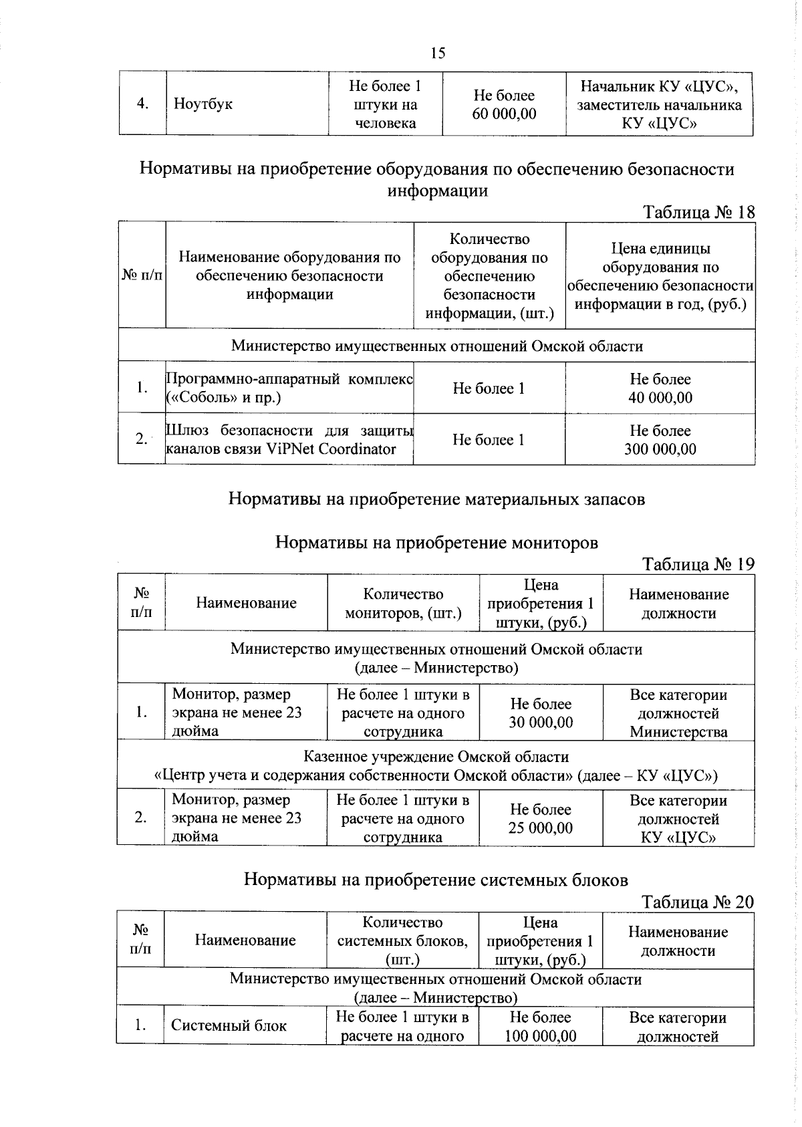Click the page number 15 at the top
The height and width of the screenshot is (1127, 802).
438,53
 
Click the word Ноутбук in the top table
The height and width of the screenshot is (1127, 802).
203,104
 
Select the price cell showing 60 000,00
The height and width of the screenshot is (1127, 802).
504,105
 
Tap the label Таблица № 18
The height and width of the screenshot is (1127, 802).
698,213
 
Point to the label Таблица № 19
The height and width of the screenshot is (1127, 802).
698,564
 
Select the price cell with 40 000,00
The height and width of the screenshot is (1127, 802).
660,388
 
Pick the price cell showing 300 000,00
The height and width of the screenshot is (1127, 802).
660,440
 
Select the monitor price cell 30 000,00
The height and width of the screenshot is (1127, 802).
541,713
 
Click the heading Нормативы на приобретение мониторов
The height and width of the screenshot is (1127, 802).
436,542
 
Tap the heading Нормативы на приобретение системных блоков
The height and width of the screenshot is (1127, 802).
436,879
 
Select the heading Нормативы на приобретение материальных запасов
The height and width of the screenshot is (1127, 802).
436,499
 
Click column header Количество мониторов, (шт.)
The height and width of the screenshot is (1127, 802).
403,604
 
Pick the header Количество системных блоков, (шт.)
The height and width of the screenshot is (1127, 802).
402,941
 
